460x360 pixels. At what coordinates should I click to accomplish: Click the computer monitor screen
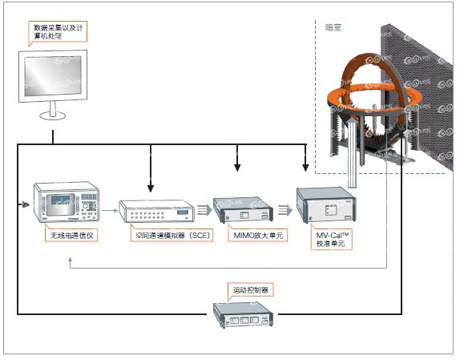53,75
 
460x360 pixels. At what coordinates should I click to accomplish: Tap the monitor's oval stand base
53,115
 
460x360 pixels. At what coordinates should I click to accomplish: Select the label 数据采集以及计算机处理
58,32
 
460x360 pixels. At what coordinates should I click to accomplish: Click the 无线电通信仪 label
71,235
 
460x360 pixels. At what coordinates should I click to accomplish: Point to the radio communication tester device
67,202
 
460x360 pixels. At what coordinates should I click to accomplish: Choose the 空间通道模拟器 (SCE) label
172,235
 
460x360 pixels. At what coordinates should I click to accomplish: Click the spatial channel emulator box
156,211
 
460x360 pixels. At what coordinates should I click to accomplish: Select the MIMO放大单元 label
258,235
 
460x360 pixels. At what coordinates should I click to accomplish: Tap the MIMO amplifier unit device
243,210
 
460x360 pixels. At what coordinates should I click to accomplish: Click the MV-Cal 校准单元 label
332,239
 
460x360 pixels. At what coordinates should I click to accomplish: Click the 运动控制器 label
251,290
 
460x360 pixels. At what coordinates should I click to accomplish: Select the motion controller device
243,315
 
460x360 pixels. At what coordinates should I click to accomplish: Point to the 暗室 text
333,28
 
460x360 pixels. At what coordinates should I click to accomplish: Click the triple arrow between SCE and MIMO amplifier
204,210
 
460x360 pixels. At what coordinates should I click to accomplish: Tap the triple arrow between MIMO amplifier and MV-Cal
285,210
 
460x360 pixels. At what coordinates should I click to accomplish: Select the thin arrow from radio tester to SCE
110,210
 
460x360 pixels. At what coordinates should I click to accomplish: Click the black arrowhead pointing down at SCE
151,188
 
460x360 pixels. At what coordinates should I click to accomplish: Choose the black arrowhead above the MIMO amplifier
237,168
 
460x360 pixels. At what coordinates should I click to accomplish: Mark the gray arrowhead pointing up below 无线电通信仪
71,260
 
